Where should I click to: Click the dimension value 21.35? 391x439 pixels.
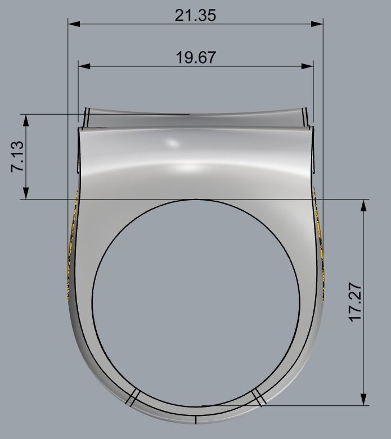coord(195,15)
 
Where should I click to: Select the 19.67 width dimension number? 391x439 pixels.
coord(195,57)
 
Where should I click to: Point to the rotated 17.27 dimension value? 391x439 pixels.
coord(355,304)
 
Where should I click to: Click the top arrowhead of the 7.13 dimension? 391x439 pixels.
coord(25,119)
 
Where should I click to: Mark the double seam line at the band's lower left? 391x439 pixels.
coord(132,397)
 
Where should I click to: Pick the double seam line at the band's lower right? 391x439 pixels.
coord(258,397)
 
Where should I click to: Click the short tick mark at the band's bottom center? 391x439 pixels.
coord(195,419)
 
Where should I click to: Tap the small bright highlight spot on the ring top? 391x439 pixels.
coord(170,144)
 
